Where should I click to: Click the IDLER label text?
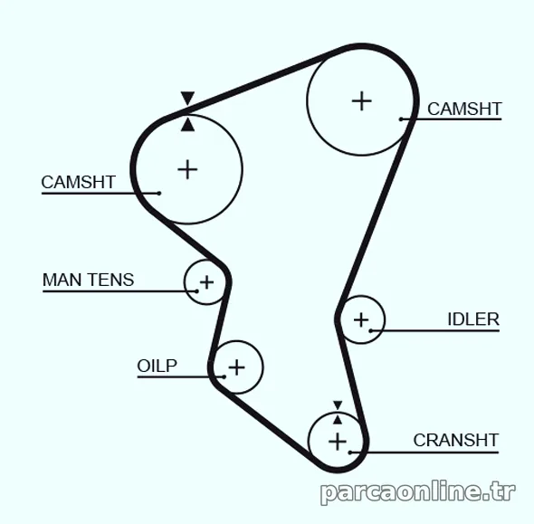(473, 319)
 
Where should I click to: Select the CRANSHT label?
(456, 440)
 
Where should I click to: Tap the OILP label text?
(157, 366)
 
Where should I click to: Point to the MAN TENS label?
(88, 280)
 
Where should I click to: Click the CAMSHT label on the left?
(79, 182)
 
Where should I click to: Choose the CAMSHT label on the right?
(464, 109)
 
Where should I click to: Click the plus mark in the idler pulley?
(361, 320)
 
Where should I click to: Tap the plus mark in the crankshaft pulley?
(338, 442)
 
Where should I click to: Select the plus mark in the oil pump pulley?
(237, 367)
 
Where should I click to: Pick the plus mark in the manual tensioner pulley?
(206, 282)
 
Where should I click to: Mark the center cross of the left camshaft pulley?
(187, 169)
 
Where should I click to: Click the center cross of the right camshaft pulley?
(361, 101)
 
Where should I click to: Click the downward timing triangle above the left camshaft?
(187, 98)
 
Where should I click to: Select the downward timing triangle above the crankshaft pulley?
(338, 405)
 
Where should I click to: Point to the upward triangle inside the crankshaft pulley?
(338, 420)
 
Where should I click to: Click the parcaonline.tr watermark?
(418, 492)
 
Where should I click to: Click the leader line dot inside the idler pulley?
(371, 330)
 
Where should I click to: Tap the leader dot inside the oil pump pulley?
(224, 376)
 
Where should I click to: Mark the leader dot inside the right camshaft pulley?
(401, 119)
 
